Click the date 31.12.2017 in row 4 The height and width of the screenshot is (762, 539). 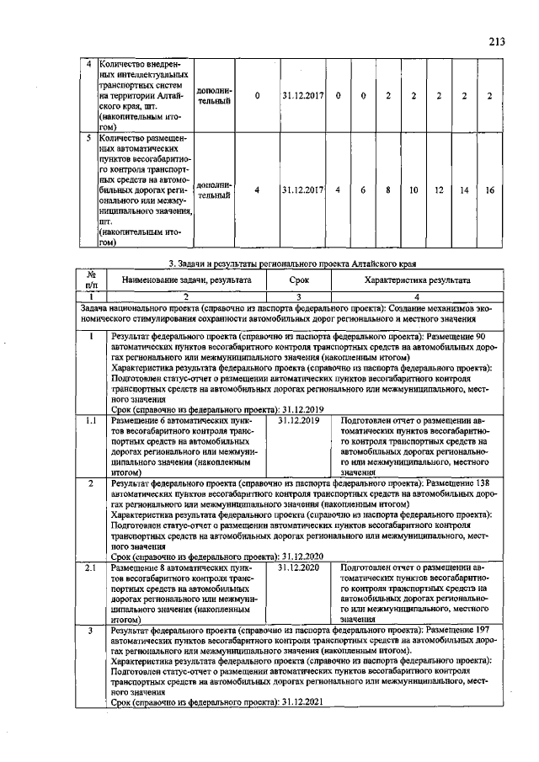303,94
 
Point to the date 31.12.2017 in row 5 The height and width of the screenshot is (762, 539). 303,190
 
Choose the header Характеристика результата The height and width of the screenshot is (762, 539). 417,279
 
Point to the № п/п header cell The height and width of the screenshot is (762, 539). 91,279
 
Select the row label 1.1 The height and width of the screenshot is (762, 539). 91,419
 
